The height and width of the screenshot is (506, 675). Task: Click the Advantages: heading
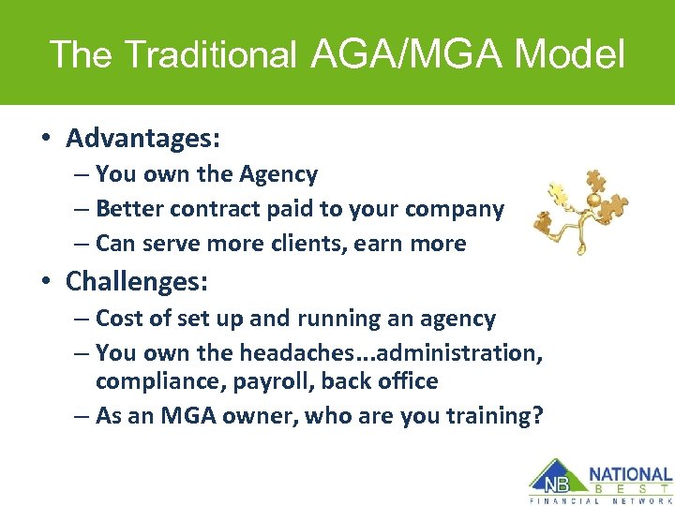pos(142,139)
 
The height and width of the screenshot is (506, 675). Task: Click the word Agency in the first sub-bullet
pos(278,174)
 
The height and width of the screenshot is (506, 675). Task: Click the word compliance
pos(153,381)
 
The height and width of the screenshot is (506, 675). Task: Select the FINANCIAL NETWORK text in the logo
pos(601,500)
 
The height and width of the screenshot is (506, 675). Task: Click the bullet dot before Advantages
pos(45,140)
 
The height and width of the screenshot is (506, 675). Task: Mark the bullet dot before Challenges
pos(45,281)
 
